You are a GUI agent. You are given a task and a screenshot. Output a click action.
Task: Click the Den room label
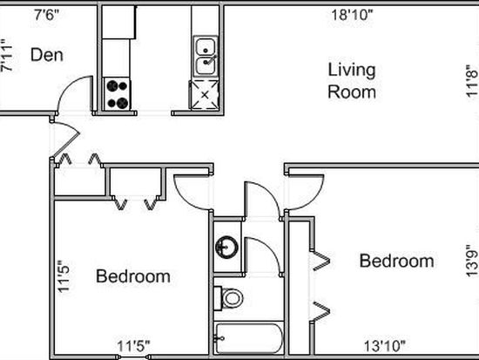[x=47, y=55]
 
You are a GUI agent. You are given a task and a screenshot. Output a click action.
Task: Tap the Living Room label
[x=352, y=81]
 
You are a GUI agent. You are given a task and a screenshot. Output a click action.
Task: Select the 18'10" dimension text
[x=352, y=15]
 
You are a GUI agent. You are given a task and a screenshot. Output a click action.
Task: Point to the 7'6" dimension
[x=46, y=14]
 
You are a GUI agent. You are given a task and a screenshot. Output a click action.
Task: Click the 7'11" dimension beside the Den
[x=7, y=56]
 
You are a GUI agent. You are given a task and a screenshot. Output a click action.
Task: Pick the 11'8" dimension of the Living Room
[x=472, y=81]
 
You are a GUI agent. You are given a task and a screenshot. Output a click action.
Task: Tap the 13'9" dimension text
[x=472, y=261]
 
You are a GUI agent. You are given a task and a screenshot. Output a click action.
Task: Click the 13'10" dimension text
[x=385, y=346]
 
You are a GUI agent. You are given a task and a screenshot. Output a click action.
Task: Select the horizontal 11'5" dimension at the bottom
[x=134, y=346]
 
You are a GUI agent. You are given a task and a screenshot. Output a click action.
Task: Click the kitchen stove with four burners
[x=117, y=94]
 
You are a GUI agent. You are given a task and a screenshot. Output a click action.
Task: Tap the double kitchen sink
[x=206, y=57]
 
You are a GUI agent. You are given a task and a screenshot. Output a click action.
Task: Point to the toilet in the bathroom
[x=228, y=298]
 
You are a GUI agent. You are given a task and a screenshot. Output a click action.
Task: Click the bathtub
[x=248, y=338]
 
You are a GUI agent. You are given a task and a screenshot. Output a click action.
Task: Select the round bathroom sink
[x=226, y=247]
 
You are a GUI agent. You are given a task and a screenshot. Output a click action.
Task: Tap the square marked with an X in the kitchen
[x=205, y=94]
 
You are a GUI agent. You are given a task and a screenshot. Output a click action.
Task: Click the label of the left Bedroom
[x=133, y=276]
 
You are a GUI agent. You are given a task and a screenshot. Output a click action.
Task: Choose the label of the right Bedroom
[x=396, y=261]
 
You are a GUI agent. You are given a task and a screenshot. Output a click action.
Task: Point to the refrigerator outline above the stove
[x=118, y=23]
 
